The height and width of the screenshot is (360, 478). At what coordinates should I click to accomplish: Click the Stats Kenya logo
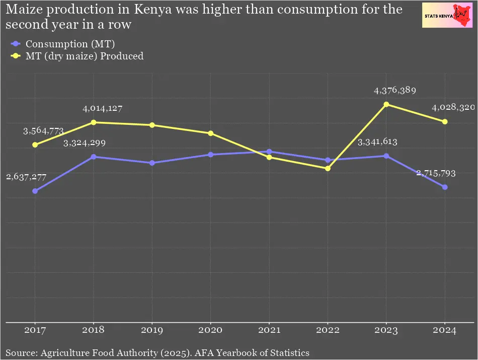point(447,15)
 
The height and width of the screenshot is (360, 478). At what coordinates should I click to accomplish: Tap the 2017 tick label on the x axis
point(35,331)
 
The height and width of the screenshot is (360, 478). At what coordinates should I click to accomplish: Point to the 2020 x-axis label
point(211,331)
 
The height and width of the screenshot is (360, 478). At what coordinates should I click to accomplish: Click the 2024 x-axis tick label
point(445,331)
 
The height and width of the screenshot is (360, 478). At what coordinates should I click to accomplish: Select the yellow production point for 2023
point(386,104)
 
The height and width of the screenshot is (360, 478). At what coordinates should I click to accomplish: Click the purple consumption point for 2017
point(35,191)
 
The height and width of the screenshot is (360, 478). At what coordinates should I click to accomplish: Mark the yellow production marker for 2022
point(328,168)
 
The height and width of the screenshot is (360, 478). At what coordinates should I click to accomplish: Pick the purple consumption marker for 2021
point(269,152)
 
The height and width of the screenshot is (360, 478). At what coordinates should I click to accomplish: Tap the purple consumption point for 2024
point(445,187)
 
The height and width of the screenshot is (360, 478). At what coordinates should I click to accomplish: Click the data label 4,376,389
point(394,91)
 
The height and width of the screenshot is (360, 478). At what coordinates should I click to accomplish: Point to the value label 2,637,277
point(26,177)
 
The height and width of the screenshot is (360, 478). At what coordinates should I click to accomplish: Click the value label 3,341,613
point(377,142)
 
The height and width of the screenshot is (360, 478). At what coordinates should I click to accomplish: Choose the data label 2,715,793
point(436,174)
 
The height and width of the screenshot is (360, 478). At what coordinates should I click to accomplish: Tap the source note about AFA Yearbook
point(157,352)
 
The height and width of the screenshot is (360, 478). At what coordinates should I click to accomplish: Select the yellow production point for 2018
point(94,122)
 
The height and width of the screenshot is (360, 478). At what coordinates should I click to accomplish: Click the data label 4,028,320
point(453,108)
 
